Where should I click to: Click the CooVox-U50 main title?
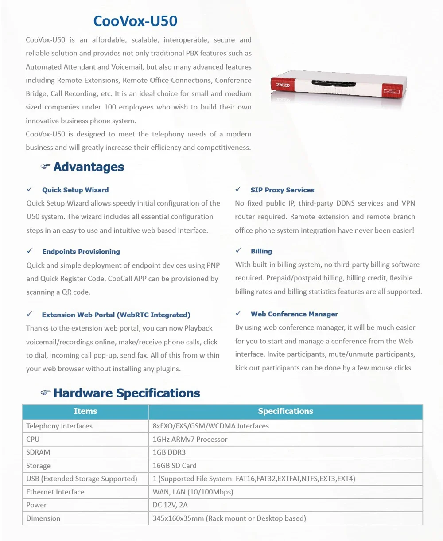[x=135, y=21]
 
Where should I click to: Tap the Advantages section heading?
[x=89, y=167]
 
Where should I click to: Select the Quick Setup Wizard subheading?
[x=75, y=190]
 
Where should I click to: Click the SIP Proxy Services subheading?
[x=282, y=190]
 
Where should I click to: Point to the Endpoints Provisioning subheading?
[x=81, y=252]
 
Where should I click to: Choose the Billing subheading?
[x=261, y=251]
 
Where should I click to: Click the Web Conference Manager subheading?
[x=294, y=314]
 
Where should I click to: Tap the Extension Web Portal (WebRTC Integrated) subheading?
[x=116, y=315]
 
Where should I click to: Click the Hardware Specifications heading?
[x=127, y=393]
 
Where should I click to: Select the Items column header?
[x=85, y=411]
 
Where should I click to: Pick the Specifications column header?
[x=285, y=411]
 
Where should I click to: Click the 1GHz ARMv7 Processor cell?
[x=190, y=440]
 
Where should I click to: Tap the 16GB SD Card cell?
[x=175, y=466]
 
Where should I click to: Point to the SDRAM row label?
[x=38, y=452]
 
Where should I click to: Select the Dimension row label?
[x=43, y=518]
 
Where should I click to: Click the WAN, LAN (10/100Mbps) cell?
[x=193, y=492]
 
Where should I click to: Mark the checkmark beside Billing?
[x=238, y=251]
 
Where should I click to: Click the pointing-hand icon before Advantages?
[x=45, y=167]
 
